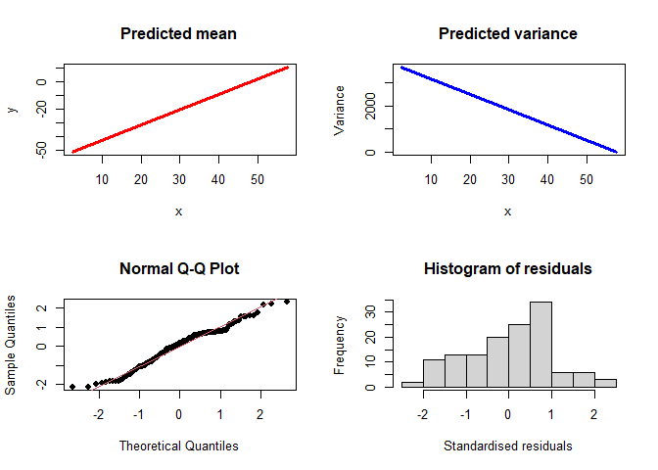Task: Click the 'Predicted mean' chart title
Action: pyautogui.click(x=178, y=34)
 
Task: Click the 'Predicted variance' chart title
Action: pyautogui.click(x=507, y=34)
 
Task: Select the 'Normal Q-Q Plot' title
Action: pyautogui.click(x=178, y=268)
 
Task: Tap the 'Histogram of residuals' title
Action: pyautogui.click(x=507, y=268)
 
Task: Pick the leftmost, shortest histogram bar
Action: pyautogui.click(x=412, y=384)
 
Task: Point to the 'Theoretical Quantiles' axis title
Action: pyautogui.click(x=178, y=446)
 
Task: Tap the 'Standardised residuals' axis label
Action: pyautogui.click(x=507, y=446)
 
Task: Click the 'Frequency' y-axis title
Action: pyautogui.click(x=340, y=344)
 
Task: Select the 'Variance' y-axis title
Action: pyautogui.click(x=340, y=110)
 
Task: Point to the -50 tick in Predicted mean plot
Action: pyautogui.click(x=42, y=149)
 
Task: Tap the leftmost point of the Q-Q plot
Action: pyautogui.click(x=72, y=387)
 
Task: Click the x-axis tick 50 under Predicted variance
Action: pyautogui.click(x=587, y=179)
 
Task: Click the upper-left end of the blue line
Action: pyautogui.click(x=401, y=68)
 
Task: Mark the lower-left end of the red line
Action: pyautogui.click(x=72, y=152)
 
